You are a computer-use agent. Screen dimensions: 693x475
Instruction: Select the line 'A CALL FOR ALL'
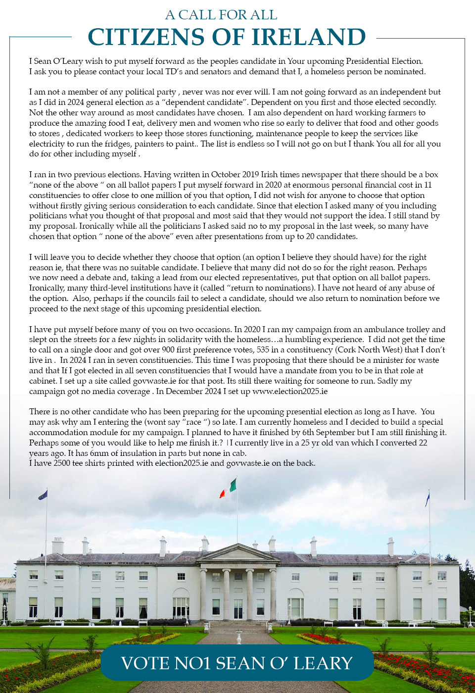coord(221,15)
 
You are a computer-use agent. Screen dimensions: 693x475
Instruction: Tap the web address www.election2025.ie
coord(289,391)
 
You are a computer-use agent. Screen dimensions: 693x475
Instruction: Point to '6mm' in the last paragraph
coord(99,453)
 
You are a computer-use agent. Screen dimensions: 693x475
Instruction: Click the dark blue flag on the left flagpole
coord(43,494)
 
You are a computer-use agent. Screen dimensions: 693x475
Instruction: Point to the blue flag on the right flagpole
coord(427,498)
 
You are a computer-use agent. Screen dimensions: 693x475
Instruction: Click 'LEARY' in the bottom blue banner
coord(323,663)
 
